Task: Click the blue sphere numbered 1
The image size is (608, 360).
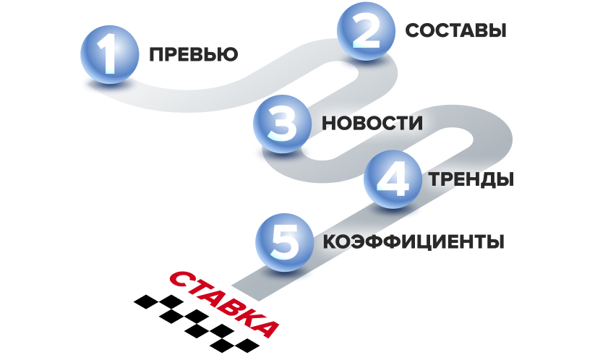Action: tap(110, 55)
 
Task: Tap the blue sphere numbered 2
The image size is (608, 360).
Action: tap(366, 31)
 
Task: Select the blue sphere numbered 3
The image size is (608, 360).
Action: tap(282, 124)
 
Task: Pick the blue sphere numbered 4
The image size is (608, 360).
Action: tap(393, 179)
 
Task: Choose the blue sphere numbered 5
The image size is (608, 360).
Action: tap(285, 242)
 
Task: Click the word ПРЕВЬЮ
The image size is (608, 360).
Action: tap(194, 55)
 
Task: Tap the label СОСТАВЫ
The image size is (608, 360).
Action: tap(455, 30)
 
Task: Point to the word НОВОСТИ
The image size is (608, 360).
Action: tap(372, 124)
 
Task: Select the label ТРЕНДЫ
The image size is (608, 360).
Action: tap(471, 179)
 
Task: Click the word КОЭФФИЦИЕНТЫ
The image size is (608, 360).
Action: tap(414, 241)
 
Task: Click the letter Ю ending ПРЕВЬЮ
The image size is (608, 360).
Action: tap(228, 55)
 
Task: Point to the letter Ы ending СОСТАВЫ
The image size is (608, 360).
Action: tap(497, 30)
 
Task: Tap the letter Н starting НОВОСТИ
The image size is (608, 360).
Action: tap(329, 124)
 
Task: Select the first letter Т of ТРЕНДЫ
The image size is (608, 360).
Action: tap(434, 179)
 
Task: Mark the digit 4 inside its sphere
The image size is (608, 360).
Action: tap(393, 179)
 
